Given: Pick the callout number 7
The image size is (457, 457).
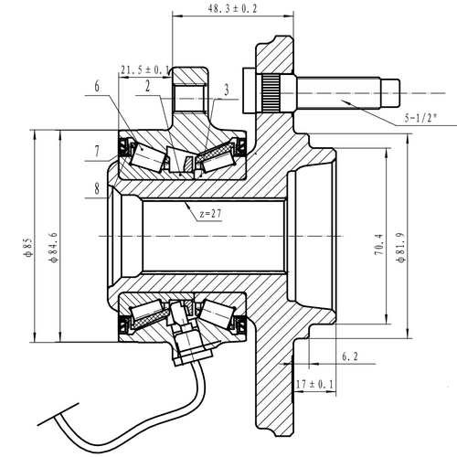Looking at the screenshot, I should [x=95, y=151].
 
